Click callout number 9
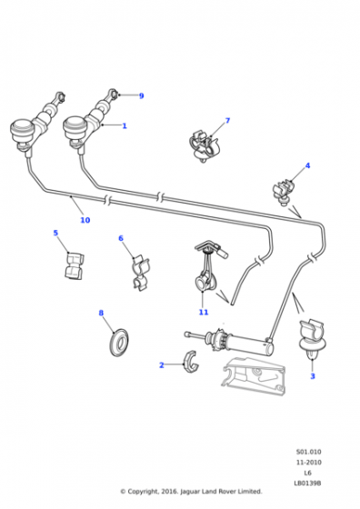click(x=141, y=95)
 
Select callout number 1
click(x=125, y=125)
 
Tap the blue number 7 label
click(x=227, y=120)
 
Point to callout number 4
click(x=307, y=165)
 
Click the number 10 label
click(x=85, y=220)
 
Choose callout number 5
click(x=55, y=233)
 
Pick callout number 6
click(x=121, y=238)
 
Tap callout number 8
click(x=101, y=313)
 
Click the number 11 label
click(x=204, y=312)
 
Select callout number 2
click(x=162, y=365)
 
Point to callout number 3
click(x=313, y=376)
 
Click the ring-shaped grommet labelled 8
click(x=119, y=343)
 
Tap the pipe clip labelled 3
click(x=313, y=338)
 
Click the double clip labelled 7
click(x=204, y=146)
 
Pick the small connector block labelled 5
click(x=75, y=266)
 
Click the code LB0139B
click(x=307, y=483)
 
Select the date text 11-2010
click(x=309, y=463)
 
